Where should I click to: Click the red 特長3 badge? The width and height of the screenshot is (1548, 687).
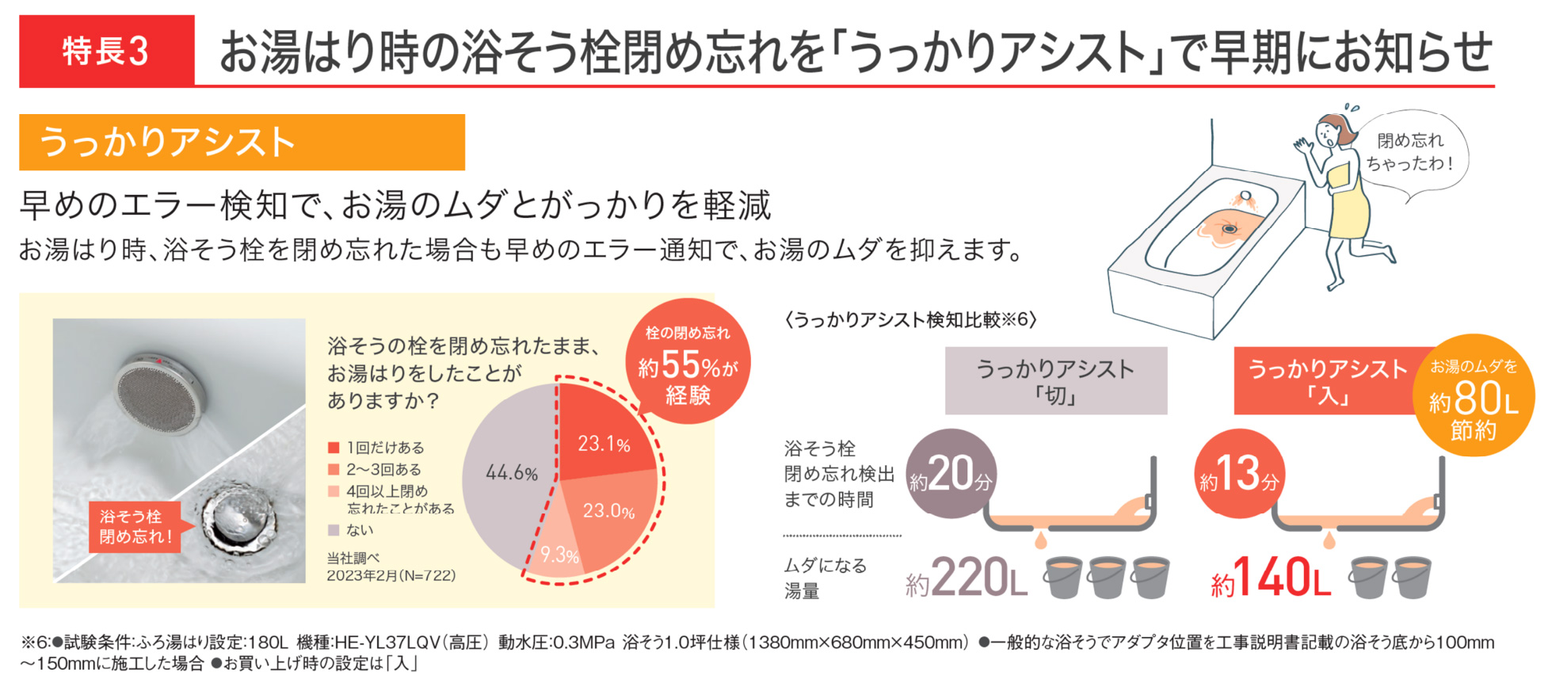point(106,52)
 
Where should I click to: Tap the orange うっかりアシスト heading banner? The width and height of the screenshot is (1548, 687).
point(242,143)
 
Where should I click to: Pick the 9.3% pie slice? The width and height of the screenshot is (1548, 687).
point(559,551)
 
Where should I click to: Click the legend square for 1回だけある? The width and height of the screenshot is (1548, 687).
point(334,448)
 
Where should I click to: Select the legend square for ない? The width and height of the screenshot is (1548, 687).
point(334,530)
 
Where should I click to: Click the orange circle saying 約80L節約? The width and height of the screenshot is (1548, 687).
point(1473,396)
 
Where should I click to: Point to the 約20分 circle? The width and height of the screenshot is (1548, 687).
point(951,474)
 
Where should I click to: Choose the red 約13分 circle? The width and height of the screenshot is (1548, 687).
point(1239,474)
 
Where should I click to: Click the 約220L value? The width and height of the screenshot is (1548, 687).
point(967,578)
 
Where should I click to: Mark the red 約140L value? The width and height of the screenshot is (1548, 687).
point(1271,578)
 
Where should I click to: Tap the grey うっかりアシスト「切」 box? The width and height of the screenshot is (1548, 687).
point(1055,380)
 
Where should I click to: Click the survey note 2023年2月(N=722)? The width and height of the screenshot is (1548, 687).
point(391,575)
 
